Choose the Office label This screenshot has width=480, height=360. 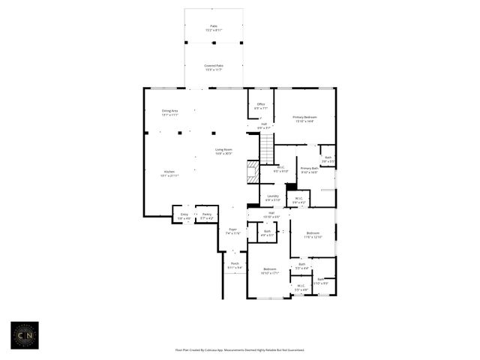click(x=261, y=106)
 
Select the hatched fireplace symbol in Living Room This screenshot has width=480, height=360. click(x=253, y=174)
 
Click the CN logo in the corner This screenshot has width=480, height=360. click(x=25, y=336)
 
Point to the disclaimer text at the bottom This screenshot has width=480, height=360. click(x=240, y=349)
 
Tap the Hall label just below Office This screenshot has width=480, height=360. click(x=264, y=126)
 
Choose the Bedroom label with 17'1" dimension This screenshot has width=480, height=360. click(x=269, y=271)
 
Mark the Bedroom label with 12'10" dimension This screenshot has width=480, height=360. click(x=313, y=235)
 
